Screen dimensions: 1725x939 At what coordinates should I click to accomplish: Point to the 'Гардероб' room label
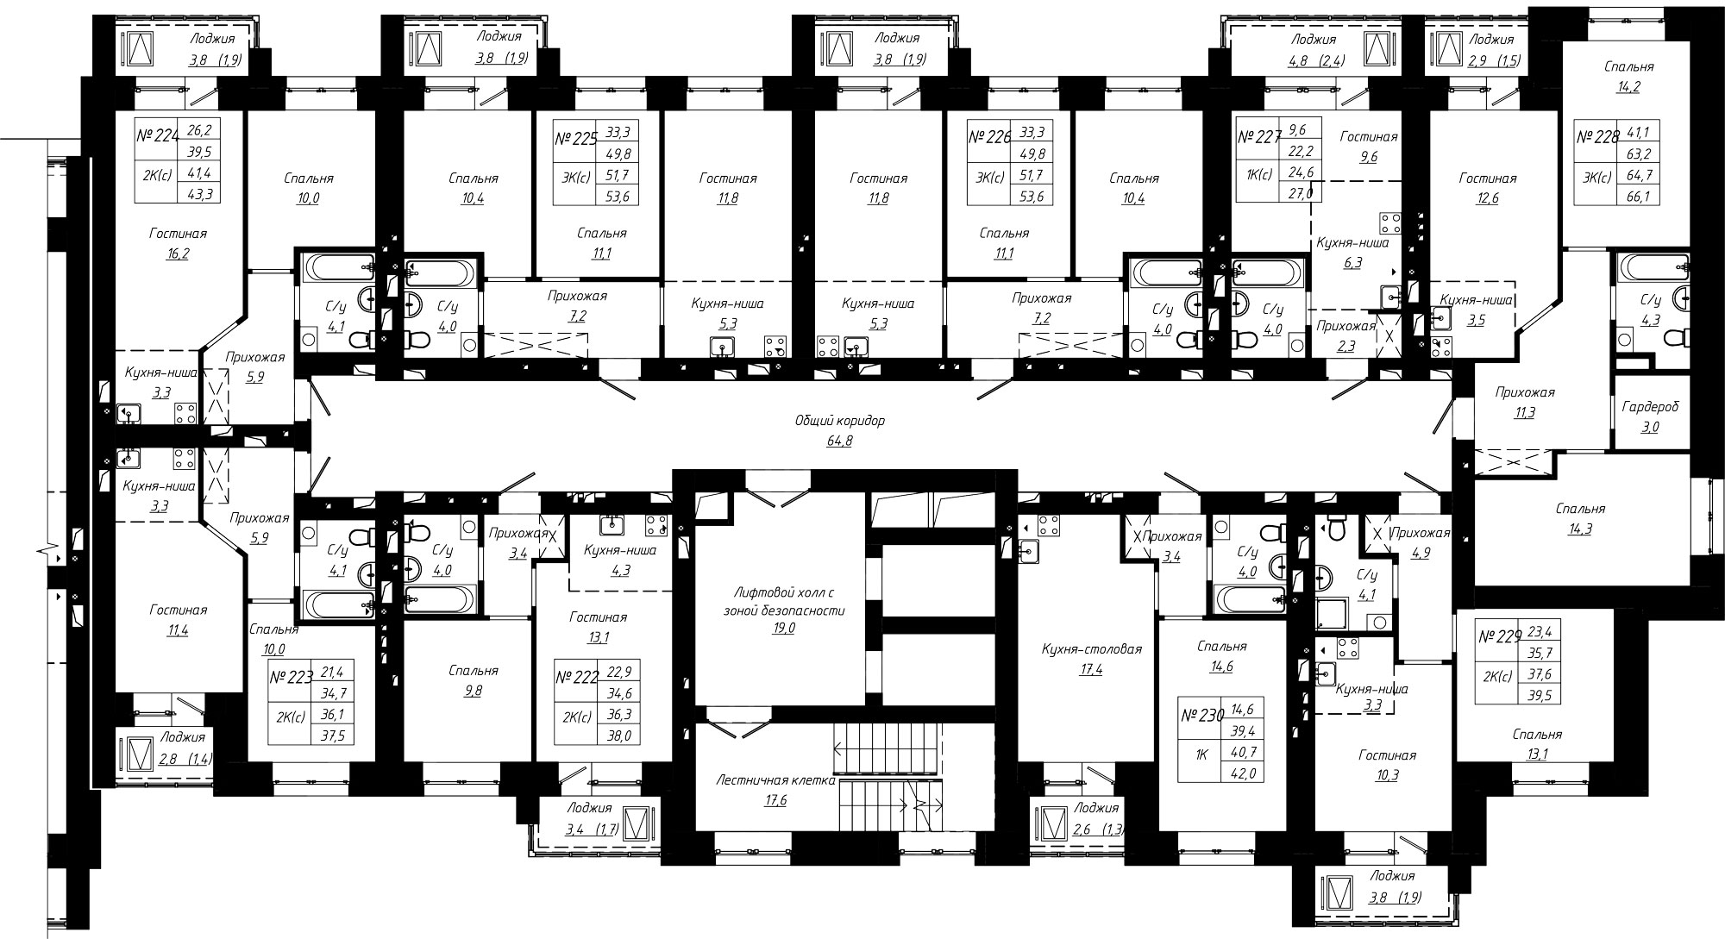[x=1650, y=405]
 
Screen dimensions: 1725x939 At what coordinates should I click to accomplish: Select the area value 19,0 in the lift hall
[x=784, y=629]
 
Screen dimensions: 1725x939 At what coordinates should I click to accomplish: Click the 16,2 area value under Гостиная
[x=178, y=254]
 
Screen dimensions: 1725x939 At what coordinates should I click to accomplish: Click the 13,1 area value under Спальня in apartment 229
[x=1537, y=754]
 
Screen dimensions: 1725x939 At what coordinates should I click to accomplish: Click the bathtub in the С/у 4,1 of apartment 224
[x=337, y=266]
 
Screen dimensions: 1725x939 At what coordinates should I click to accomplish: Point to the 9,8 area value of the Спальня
[x=474, y=690]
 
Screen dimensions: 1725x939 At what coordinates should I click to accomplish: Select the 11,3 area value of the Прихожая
[x=1525, y=412]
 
